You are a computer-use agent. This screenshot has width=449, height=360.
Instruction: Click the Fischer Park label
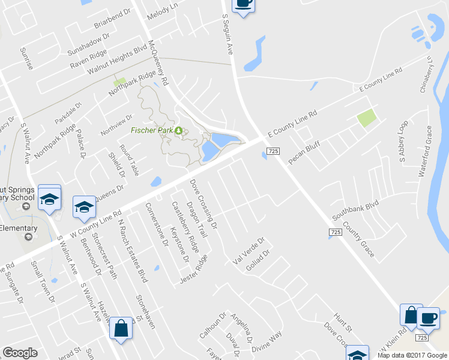point(152,130)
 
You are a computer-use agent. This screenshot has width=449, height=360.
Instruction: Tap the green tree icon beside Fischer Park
point(178,130)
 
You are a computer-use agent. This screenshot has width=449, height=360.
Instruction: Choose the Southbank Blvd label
point(357,211)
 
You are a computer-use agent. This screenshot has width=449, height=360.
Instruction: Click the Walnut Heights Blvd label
point(118,59)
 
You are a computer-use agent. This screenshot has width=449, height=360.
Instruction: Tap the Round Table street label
point(130,160)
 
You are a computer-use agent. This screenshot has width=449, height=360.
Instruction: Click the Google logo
point(20,353)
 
